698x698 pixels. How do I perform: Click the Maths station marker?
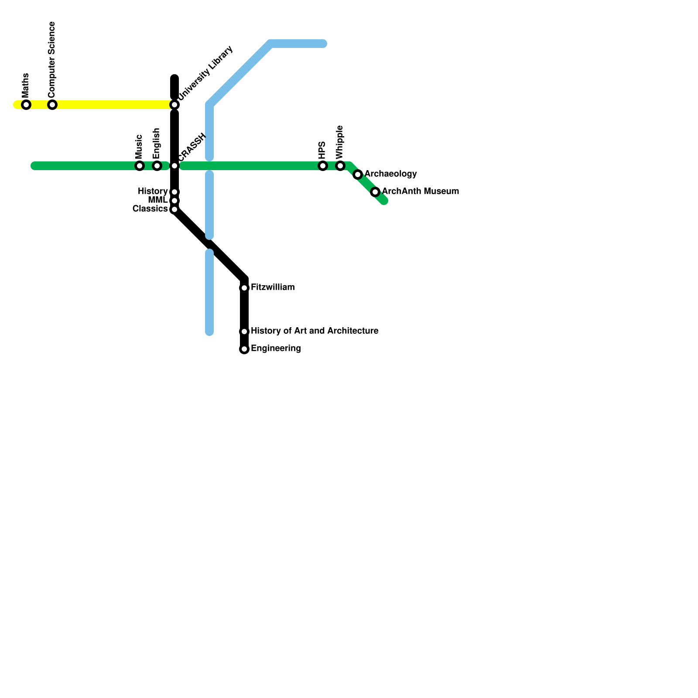click(x=26, y=105)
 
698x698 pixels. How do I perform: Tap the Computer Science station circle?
click(x=52, y=105)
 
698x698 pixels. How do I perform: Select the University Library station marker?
click(x=174, y=105)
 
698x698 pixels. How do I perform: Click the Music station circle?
click(x=140, y=166)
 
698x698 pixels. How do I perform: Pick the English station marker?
click(x=157, y=166)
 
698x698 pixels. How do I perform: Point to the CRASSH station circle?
click(x=174, y=166)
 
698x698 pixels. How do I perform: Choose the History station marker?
click(x=174, y=192)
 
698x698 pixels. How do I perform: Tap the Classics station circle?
click(x=174, y=209)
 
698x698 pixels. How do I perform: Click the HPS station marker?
click(x=323, y=166)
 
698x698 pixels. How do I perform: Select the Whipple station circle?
click(x=340, y=166)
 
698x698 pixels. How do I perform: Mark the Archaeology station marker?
click(x=358, y=174)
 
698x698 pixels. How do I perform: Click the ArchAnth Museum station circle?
click(x=375, y=192)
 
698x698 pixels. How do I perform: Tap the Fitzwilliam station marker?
click(x=244, y=288)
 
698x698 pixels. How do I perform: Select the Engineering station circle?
click(x=244, y=349)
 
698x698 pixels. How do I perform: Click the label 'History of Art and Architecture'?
click(x=315, y=331)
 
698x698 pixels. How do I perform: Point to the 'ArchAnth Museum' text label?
click(x=420, y=192)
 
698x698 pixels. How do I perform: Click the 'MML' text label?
click(x=157, y=200)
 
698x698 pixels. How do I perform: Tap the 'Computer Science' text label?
click(x=52, y=59)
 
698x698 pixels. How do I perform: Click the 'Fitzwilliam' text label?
click(x=273, y=287)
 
